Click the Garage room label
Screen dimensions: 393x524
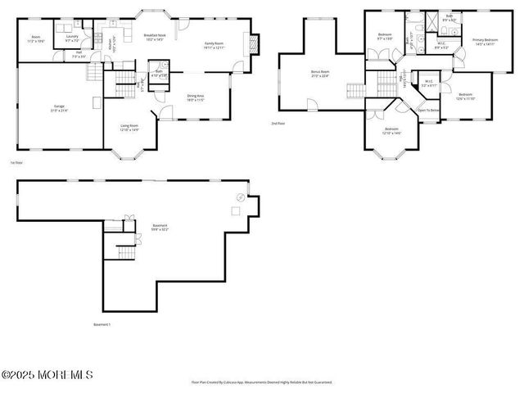coord(59,107)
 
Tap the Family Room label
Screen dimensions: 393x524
coord(214,46)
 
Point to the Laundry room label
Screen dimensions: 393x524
coord(71,38)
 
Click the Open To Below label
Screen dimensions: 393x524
coord(428,109)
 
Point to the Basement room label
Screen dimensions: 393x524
coord(160,227)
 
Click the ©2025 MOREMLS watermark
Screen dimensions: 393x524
coord(47,375)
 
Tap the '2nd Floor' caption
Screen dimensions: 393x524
coord(278,124)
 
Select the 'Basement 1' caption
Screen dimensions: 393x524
coord(102,324)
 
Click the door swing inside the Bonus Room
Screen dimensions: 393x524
coord(311,104)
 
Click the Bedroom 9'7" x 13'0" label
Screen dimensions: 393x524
coord(385,36)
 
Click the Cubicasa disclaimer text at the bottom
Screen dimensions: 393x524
coord(261,382)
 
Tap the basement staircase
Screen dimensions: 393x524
coord(124,250)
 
